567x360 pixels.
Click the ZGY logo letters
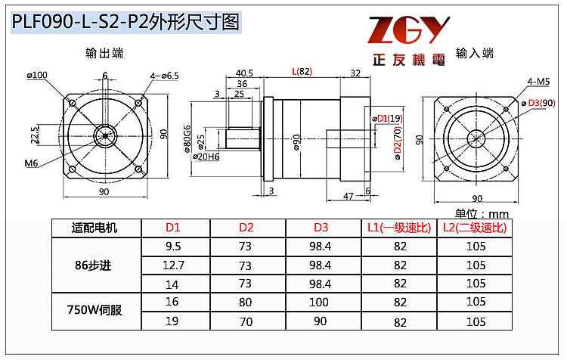tap(408, 29)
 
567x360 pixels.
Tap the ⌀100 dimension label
tap(36, 75)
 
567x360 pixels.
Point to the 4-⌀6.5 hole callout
tap(164, 76)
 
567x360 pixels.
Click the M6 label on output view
tap(31, 163)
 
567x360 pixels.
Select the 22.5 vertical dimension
tap(35, 135)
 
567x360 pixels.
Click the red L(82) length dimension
tap(301, 72)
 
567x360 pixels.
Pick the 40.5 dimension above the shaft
tap(243, 73)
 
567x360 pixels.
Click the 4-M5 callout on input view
tap(538, 80)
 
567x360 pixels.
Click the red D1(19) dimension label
tap(386, 118)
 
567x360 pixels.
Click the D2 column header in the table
tap(246, 228)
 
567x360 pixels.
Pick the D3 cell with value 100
tap(321, 302)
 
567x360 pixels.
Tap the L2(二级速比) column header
tap(474, 228)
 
